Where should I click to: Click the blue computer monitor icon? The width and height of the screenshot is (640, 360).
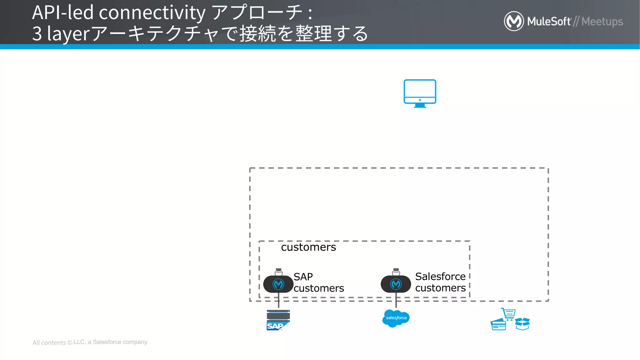coord(420,93)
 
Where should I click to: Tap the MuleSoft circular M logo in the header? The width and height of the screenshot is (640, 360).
coord(514,21)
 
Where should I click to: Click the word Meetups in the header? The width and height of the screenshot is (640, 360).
coord(602,22)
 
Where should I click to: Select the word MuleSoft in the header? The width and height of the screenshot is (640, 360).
coord(549,22)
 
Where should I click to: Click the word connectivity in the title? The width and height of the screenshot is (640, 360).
coord(152,12)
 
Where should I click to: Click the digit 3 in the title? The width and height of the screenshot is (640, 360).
coord(37,34)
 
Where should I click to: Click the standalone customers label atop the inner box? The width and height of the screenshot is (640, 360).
coord(308,247)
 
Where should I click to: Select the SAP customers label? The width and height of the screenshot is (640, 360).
coord(318,282)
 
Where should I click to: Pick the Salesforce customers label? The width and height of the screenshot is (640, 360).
coord(440,282)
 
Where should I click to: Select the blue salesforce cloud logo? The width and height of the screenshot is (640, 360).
coord(396,318)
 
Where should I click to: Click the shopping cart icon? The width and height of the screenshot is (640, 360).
coord(509,314)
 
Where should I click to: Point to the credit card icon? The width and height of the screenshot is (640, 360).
coord(498,325)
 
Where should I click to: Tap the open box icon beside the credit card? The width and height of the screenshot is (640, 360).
coord(522,324)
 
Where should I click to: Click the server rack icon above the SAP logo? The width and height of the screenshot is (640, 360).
coord(278,315)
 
